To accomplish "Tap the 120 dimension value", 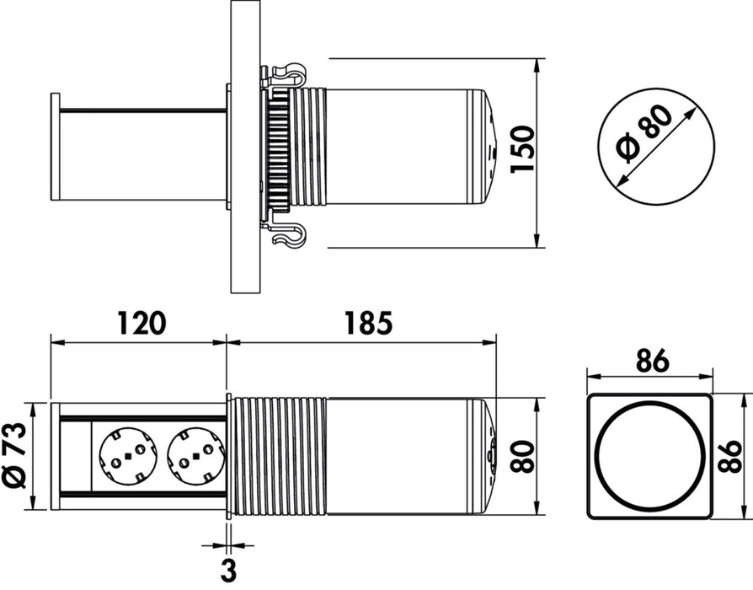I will pyautogui.click(x=141, y=323).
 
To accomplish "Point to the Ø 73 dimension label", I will pyautogui.click(x=15, y=456).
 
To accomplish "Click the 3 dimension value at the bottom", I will pyautogui.click(x=227, y=570).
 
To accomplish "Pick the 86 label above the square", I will pyautogui.click(x=649, y=360).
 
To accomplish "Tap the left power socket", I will pyautogui.click(x=126, y=456).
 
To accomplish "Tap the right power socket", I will pyautogui.click(x=195, y=456).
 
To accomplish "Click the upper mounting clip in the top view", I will pyautogui.click(x=286, y=74).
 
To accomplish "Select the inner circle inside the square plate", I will pyautogui.click(x=649, y=456).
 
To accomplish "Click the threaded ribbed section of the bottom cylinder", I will pyautogui.click(x=278, y=456).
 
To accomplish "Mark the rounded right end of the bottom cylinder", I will pyautogui.click(x=490, y=456).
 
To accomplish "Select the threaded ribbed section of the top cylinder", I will pyautogui.click(x=307, y=147).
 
